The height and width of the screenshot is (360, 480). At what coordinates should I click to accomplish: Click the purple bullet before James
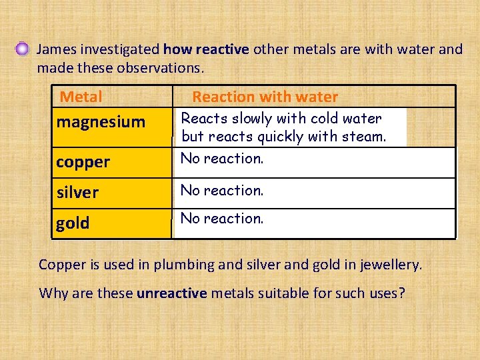[23, 49]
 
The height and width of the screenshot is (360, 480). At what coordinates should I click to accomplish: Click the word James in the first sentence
[55, 49]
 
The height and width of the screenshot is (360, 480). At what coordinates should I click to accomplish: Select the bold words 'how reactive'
[205, 49]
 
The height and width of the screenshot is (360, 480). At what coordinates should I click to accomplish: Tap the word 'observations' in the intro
[161, 68]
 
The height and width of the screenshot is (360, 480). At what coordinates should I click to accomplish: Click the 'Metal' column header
[81, 97]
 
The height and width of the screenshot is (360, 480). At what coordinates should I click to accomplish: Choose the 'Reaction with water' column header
[265, 97]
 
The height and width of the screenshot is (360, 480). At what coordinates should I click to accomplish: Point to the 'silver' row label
[77, 193]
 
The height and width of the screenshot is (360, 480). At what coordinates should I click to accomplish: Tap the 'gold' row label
[73, 223]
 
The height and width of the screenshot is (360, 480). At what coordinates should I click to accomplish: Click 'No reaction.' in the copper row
[222, 159]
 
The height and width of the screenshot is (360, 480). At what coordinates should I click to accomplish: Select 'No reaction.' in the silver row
[222, 191]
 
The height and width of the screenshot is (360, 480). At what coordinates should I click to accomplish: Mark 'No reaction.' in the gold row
[222, 219]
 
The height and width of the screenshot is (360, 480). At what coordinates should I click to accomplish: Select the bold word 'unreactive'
[171, 293]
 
